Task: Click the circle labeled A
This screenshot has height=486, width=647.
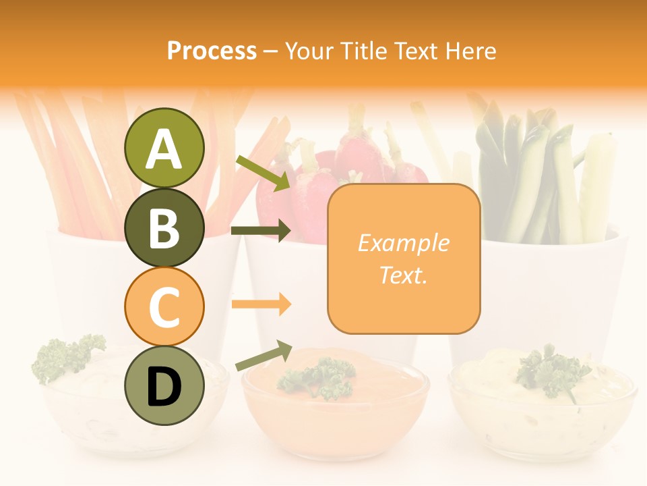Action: [x=164, y=148]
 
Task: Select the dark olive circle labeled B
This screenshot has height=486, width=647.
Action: [x=164, y=227]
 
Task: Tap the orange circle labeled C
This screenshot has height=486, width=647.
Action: [x=164, y=306]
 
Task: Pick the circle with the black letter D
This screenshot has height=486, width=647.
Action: [x=164, y=386]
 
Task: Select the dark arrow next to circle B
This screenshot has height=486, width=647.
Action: [x=260, y=231]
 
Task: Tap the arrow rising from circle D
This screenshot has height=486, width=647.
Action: [x=263, y=356]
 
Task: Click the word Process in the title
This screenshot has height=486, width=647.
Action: [x=212, y=51]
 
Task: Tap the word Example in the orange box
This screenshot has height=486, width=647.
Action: [x=403, y=243]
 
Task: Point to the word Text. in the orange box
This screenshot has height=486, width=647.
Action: [x=403, y=275]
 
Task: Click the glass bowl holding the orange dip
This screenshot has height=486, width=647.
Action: [x=335, y=418]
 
